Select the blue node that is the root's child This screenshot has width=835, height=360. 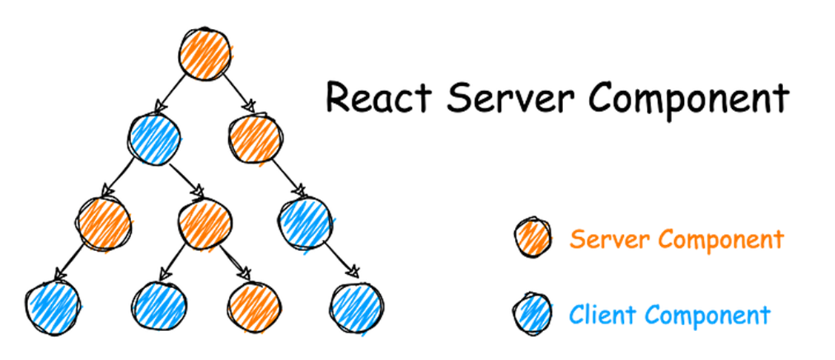(154, 137)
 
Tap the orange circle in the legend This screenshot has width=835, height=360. (532, 238)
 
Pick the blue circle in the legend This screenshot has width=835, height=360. (532, 314)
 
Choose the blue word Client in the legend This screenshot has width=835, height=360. (601, 315)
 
